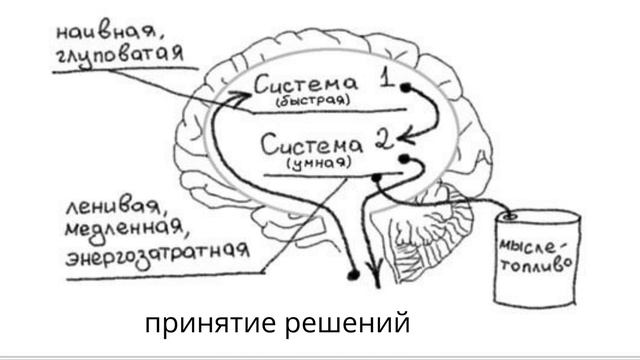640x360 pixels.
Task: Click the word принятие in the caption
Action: pyautogui.click(x=206, y=326)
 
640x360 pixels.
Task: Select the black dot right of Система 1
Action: pyautogui.click(x=405, y=87)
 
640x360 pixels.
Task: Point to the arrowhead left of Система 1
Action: pyautogui.click(x=237, y=96)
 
